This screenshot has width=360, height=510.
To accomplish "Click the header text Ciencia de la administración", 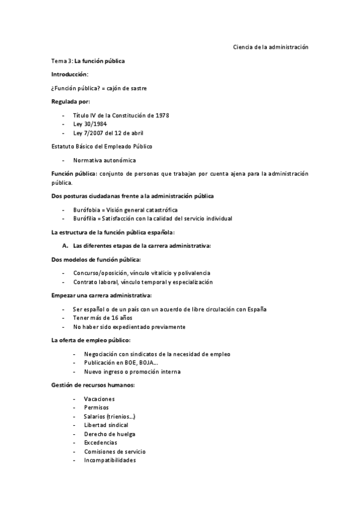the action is pyautogui.click(x=270, y=48).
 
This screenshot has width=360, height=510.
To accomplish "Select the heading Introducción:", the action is pyautogui.click(x=69, y=74).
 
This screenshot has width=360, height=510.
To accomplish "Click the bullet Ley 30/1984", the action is pyautogui.click(x=90, y=123).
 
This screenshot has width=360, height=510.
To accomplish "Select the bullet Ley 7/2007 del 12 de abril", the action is pyautogui.click(x=108, y=132).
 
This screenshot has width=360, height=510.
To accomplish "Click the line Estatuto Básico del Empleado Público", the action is pyautogui.click(x=102, y=146).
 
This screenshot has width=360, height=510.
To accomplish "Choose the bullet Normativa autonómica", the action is pyautogui.click(x=105, y=160).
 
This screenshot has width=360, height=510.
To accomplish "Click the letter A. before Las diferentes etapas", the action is pyautogui.click(x=64, y=246).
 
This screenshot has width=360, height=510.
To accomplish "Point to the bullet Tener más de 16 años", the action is pyautogui.click(x=102, y=318).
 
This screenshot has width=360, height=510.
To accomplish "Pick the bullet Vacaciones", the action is pyautogui.click(x=99, y=399).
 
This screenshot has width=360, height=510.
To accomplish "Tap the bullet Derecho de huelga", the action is pyautogui.click(x=109, y=434).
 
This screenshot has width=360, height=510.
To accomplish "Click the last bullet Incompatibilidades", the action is pyautogui.click(x=110, y=460).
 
